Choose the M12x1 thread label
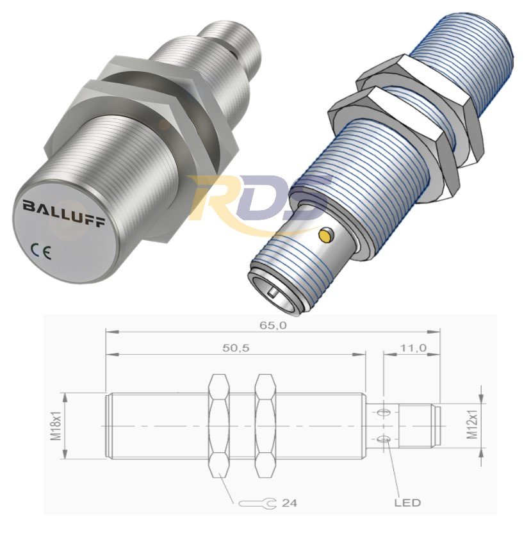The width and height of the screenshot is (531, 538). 473,425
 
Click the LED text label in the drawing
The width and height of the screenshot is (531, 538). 407,503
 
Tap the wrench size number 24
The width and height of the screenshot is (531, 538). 289,503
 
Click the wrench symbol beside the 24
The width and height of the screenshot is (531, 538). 256,503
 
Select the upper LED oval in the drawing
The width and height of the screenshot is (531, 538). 384,412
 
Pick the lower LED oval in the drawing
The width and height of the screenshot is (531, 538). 384,439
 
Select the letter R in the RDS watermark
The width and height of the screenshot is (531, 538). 221,199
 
